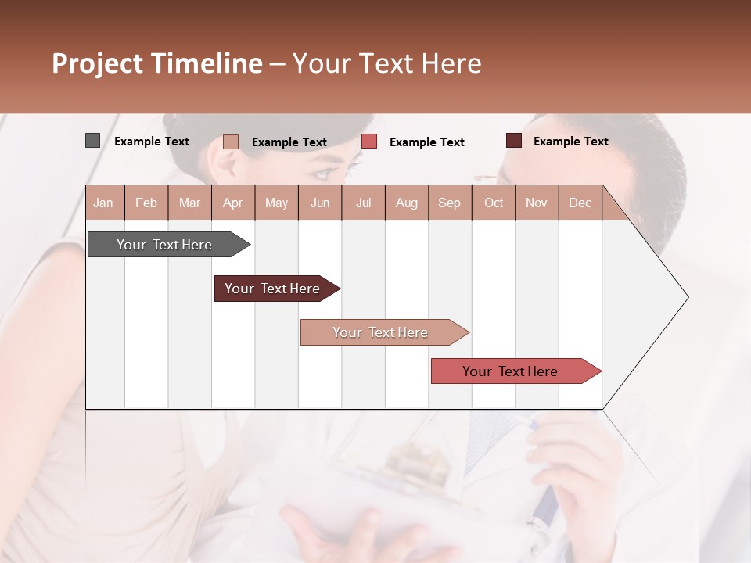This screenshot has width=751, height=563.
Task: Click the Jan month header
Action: pos(104,203)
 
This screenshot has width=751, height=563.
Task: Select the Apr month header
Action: pos(233,203)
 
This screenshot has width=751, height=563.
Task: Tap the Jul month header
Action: pos(363,203)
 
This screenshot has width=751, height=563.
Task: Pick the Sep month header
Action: pos(449,203)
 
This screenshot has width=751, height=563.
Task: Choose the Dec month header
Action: pos(580,203)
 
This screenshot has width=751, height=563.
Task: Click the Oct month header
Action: pos(494,203)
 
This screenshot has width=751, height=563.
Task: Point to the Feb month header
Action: pos(146,203)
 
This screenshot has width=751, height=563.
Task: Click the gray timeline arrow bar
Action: pos(164,245)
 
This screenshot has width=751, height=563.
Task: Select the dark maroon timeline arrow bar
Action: pos(272,289)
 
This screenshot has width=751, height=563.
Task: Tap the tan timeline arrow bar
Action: pos(380,332)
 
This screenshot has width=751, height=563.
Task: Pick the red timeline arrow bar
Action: pos(510,371)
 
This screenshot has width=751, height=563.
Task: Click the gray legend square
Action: pos(92,141)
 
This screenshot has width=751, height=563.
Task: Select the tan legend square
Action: pos(230,142)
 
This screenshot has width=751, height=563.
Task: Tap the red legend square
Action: pos(369,142)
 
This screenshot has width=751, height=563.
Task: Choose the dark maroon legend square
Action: pos(513,141)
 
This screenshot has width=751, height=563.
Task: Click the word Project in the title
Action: pos(98,63)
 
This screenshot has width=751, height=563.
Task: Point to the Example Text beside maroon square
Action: pos(570,142)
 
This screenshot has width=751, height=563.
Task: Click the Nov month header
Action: pos(537,203)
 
